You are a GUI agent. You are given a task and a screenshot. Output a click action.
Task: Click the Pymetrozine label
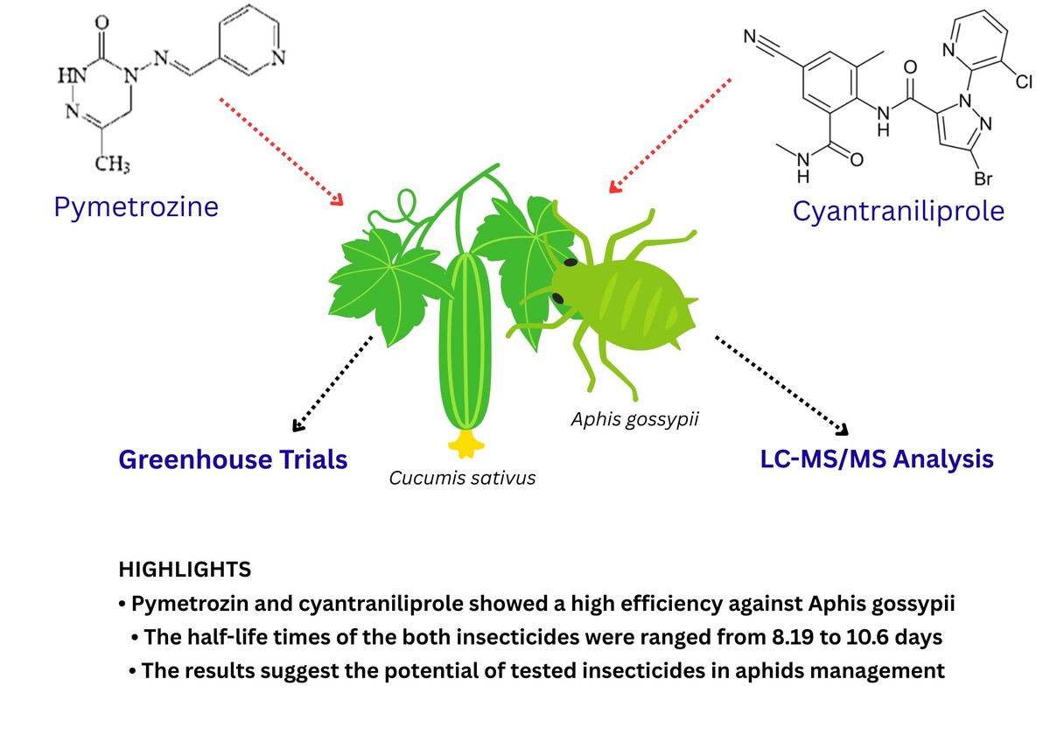click(x=136, y=206)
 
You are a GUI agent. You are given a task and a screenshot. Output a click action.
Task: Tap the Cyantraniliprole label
click(x=899, y=211)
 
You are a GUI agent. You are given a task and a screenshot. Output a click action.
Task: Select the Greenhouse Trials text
click(x=233, y=459)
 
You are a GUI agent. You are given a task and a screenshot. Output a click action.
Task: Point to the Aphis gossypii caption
click(x=634, y=420)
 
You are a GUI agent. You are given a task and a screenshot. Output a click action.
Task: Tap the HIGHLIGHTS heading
click(x=185, y=570)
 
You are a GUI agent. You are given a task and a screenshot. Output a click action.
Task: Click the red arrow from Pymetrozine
click(x=280, y=150)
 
